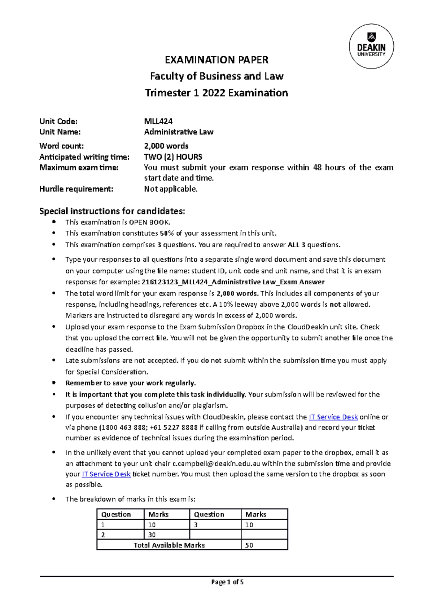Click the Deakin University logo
click(x=371, y=46)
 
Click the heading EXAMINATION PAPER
click(x=216, y=60)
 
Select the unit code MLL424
click(x=158, y=121)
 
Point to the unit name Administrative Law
click(x=179, y=132)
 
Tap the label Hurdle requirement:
click(x=76, y=189)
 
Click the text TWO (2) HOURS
click(x=173, y=157)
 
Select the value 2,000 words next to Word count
click(x=166, y=146)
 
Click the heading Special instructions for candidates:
click(x=112, y=211)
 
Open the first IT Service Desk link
click(x=333, y=417)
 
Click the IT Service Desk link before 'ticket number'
click(x=106, y=474)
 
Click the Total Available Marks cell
click(x=169, y=545)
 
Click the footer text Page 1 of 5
click(x=227, y=582)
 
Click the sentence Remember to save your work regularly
click(x=130, y=383)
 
